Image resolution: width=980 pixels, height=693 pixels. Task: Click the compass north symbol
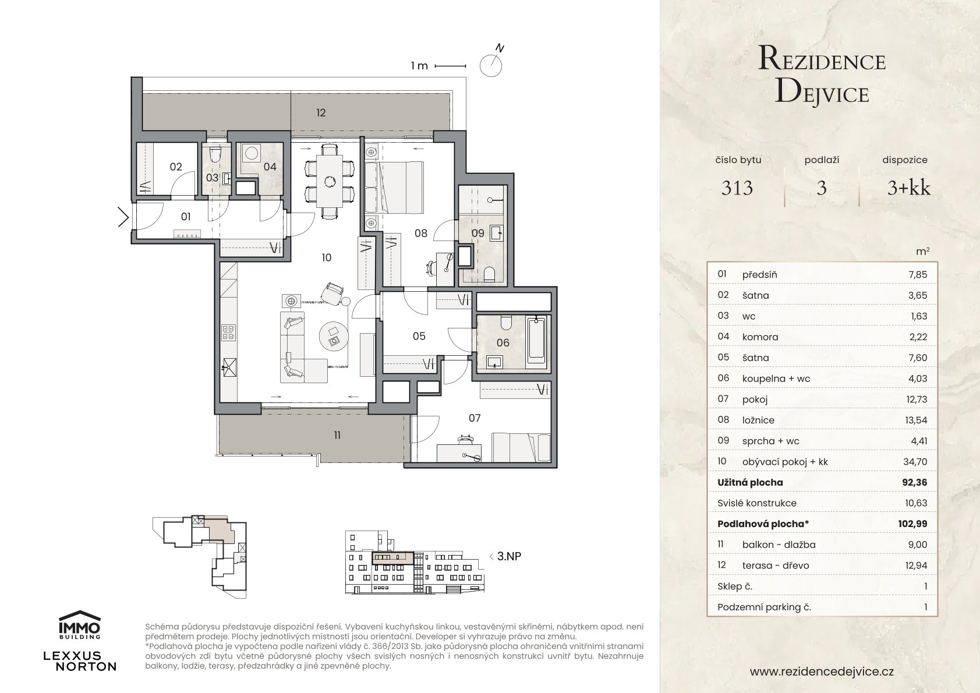pos(491,64)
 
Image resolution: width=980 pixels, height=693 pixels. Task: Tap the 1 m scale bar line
pos(450,66)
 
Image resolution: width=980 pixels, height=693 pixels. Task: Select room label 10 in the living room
pos(326,257)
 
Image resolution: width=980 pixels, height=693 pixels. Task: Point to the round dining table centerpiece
pos(330,181)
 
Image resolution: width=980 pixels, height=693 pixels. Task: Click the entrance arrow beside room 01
pos(123,217)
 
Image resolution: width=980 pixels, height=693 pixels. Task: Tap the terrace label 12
pos(321,113)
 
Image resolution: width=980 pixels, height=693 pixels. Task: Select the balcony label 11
pos(337,436)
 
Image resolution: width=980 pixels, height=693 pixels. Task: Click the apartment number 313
pos(737,188)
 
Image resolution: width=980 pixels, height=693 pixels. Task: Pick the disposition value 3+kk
pos(909,188)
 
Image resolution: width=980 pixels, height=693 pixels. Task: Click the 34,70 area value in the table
pos(915,462)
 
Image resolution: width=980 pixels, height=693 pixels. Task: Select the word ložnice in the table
pos(758,420)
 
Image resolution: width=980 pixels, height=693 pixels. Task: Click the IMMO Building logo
pos(80,624)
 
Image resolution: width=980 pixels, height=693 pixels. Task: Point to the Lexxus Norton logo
pos(80,661)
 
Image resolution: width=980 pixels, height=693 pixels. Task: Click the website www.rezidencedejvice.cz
pos(822,671)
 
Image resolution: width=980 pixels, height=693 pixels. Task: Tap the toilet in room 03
pos(214,154)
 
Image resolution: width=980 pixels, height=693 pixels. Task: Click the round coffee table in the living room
pos(334,336)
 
